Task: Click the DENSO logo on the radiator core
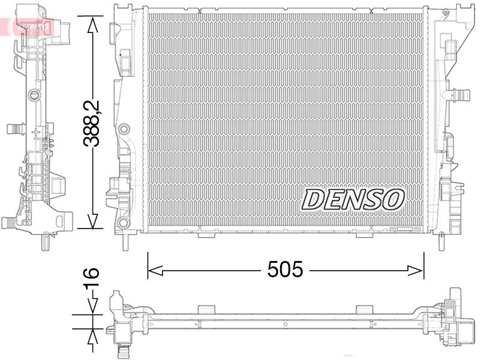click(x=353, y=199)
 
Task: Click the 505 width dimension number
click(x=286, y=270)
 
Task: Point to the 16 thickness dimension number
click(x=91, y=281)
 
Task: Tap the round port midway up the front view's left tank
click(x=124, y=129)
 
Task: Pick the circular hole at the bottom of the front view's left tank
click(x=124, y=223)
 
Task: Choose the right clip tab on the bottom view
click(x=364, y=309)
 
